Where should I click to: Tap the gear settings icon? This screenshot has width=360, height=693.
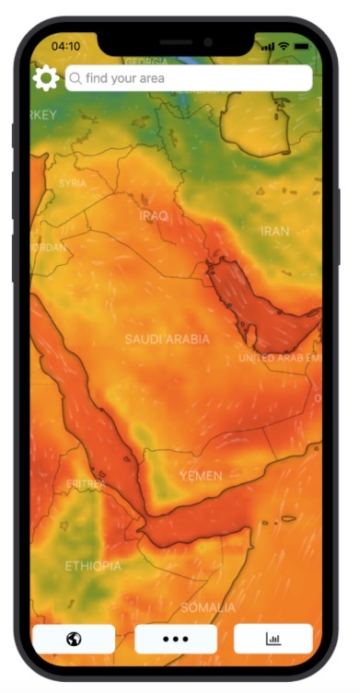click(45, 78)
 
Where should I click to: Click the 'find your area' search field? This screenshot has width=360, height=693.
click(189, 78)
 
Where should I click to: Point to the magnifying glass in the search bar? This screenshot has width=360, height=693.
click(75, 78)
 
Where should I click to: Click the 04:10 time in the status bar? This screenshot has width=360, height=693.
click(65, 45)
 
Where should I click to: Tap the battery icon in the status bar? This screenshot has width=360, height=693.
click(301, 45)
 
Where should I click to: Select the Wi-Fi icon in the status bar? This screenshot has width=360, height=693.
click(284, 45)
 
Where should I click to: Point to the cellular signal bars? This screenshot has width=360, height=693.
click(267, 45)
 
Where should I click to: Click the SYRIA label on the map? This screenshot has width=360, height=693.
click(73, 183)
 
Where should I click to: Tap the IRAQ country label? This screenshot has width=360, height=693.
click(154, 215)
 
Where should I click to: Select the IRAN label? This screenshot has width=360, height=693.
click(275, 231)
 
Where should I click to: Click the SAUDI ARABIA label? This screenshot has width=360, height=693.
click(168, 339)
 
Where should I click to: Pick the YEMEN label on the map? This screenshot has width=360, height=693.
click(201, 476)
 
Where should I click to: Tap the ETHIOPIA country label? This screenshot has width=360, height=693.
click(92, 566)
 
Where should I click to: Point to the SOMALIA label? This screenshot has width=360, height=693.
click(208, 607)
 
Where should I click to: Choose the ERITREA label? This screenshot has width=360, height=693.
click(86, 484)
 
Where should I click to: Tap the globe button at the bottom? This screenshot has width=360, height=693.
click(74, 639)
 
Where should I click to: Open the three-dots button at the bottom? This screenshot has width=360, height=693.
click(176, 639)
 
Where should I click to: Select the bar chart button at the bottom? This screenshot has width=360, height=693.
click(273, 639)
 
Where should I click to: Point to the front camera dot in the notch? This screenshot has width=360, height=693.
click(208, 41)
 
